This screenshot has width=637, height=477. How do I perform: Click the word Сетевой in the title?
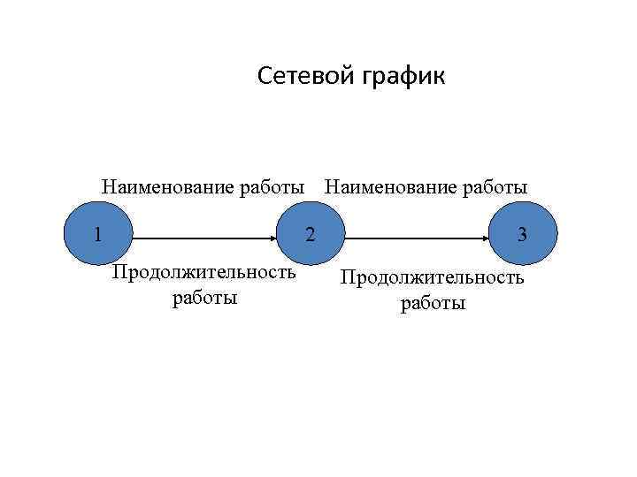tap(306, 78)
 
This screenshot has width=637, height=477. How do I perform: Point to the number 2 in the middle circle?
tap(310, 235)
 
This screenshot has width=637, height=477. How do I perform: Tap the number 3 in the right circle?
tap(523, 235)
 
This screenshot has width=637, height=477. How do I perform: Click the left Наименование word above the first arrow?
tap(166, 187)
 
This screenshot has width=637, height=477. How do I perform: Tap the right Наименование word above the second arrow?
tap(390, 187)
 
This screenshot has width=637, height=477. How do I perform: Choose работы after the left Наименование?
tap(269, 187)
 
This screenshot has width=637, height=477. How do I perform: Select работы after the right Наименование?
tap(494, 187)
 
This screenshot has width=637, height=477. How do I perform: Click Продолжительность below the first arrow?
tap(203, 272)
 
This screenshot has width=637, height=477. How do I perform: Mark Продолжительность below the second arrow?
tap(433, 278)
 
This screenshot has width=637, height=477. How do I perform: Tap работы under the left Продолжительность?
tap(205, 298)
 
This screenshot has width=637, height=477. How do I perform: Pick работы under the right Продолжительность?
tap(433, 304)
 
